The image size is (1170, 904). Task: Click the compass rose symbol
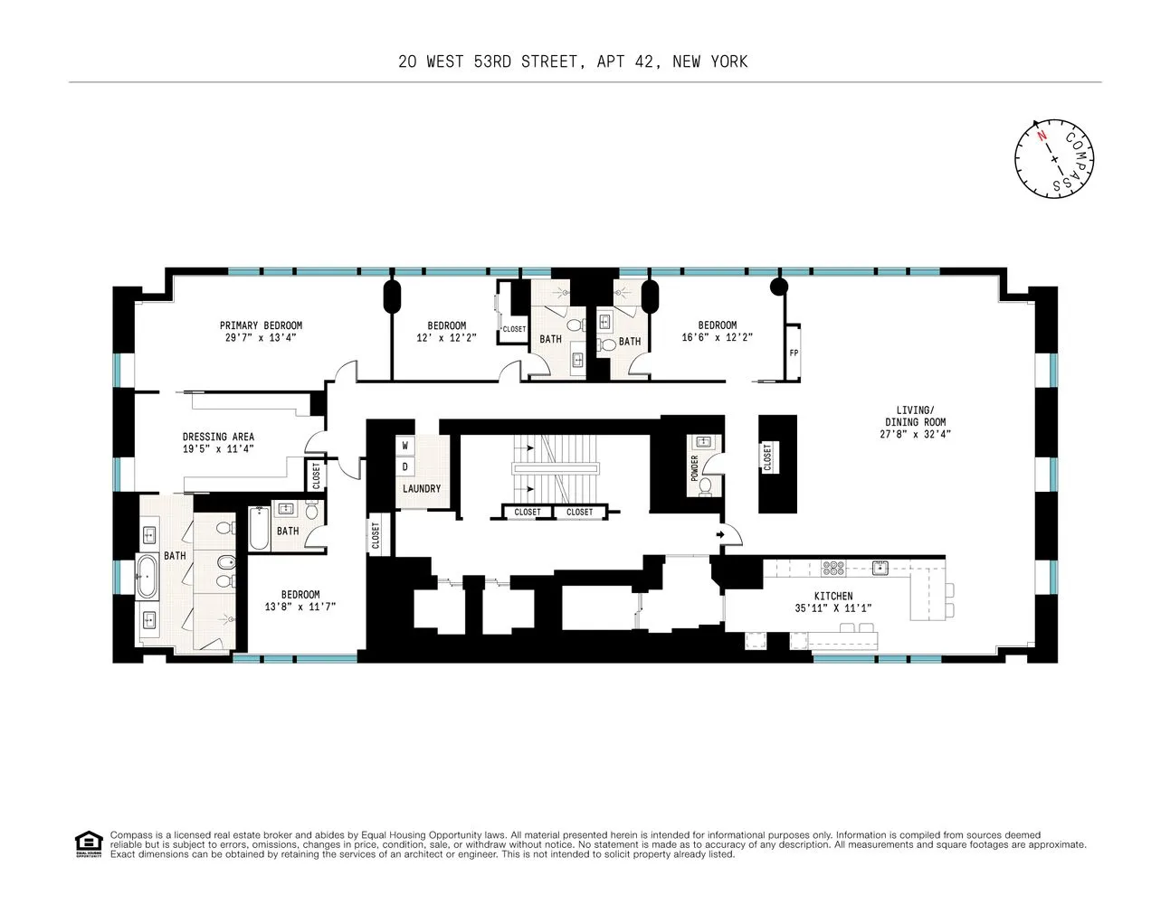coord(1054,158)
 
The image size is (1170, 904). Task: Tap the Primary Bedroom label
coord(261,325)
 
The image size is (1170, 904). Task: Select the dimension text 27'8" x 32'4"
coord(915,434)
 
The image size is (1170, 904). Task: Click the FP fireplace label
coord(794,353)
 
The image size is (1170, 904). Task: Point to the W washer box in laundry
coord(405,446)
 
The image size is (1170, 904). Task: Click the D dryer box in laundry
coord(405,466)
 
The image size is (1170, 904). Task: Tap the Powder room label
coord(695,467)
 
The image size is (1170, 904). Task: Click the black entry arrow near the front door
coord(721,535)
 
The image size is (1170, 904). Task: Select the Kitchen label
coord(832,596)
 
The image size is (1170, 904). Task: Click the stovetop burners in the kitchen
coord(832,568)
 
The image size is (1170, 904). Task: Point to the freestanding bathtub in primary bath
coord(147,577)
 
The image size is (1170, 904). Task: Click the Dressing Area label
coord(217,437)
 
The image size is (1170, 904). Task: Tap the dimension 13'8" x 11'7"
coord(300,607)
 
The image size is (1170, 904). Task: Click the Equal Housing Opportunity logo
coord(88,843)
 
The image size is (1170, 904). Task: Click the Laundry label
coord(422,489)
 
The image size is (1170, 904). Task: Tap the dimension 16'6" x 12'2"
coord(717,337)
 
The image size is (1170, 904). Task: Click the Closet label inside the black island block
coord(767,457)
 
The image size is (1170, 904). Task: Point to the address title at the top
coord(573,61)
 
